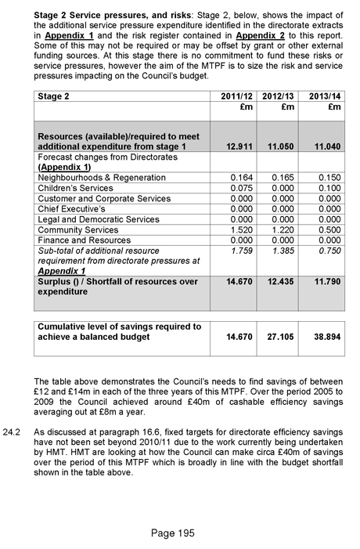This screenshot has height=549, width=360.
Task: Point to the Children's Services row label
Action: [x=75, y=188]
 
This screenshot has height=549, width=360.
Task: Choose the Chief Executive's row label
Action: [x=72, y=209]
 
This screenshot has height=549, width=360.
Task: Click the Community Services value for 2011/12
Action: [x=239, y=230]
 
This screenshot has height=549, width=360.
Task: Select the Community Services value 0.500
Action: [x=329, y=230]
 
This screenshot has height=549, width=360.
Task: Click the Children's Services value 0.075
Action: [x=239, y=188]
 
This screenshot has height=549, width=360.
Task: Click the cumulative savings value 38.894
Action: [x=324, y=338]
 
